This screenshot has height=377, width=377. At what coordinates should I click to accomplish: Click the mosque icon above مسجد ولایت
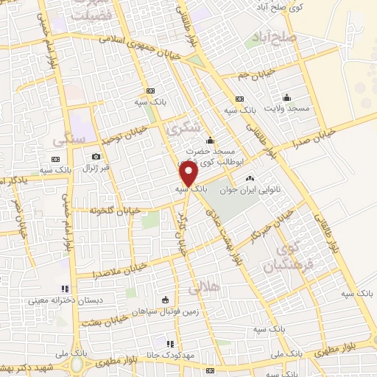(287, 97)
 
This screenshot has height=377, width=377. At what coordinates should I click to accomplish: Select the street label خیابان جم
(257, 74)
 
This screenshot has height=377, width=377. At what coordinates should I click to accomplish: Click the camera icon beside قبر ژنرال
(96, 156)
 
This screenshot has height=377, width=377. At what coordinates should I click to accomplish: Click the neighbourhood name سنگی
(67, 138)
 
